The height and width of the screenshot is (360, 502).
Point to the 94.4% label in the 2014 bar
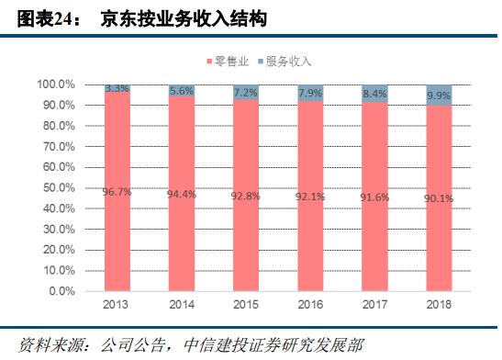pos(182,194)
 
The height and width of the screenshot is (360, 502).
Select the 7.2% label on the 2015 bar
pos(246,93)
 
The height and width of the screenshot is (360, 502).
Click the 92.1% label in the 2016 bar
pos(311,196)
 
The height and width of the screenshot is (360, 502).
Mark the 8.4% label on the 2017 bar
pos(375,94)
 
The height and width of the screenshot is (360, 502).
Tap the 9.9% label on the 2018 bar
pos(440,96)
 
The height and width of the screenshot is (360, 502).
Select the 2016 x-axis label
pos(311,304)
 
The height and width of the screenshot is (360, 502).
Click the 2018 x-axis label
pos(440,304)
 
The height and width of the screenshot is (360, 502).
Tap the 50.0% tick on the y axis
pos(56,187)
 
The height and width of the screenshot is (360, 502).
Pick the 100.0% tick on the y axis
pos(54,84)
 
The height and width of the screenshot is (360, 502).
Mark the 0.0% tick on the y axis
pos(60,291)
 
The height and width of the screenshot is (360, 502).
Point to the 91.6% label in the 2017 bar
pos(375,197)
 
